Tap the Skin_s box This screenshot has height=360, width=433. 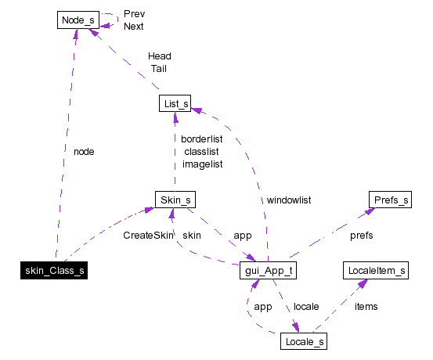[x=175, y=200]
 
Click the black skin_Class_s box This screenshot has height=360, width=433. [x=51, y=272]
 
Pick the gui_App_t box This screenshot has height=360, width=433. [x=268, y=272]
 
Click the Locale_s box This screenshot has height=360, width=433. [x=303, y=341]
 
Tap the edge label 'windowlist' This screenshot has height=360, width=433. [x=288, y=200]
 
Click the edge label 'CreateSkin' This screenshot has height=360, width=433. [x=147, y=235]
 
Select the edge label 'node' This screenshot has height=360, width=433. [x=83, y=151]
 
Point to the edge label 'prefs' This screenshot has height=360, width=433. [x=361, y=235]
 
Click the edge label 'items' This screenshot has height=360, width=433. [x=366, y=306]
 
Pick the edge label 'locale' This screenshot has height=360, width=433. [x=305, y=306]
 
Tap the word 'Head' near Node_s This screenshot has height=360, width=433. [x=159, y=56]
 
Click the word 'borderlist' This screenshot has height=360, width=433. [x=202, y=139]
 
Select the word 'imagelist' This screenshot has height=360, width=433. [x=202, y=164]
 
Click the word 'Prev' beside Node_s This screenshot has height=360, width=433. [x=134, y=13]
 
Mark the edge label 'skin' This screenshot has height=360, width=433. [x=191, y=235]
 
